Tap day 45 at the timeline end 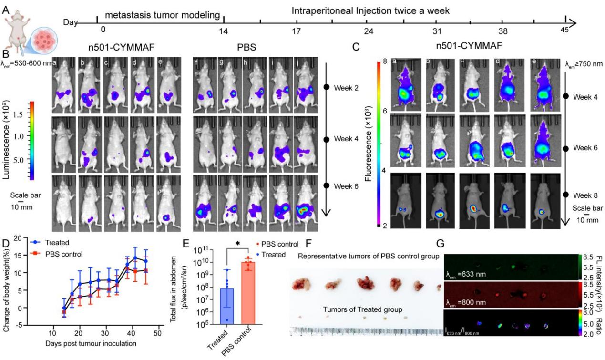tap(565, 31)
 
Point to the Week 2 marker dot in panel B tap(327, 87)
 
